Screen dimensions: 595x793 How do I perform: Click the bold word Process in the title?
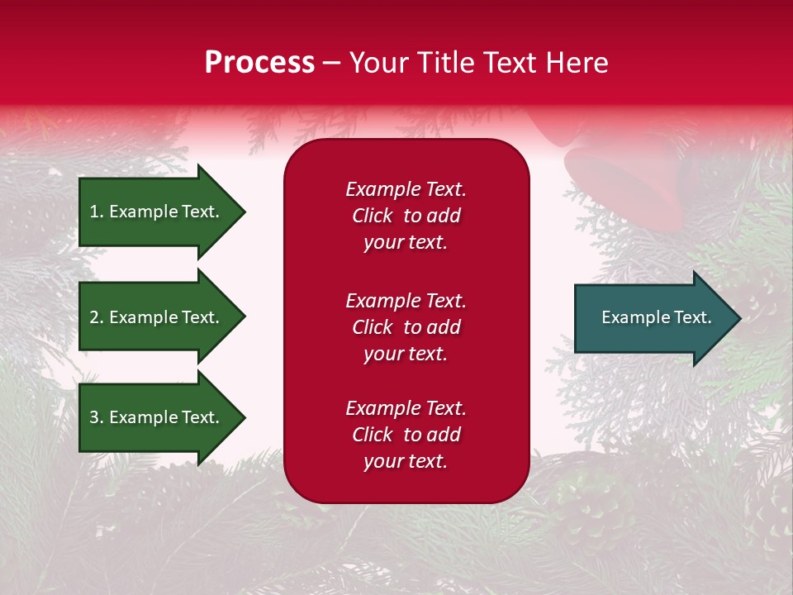pyautogui.click(x=259, y=63)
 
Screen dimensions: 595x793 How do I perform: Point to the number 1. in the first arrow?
pyautogui.click(x=97, y=212)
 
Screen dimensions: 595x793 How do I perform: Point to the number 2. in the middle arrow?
pyautogui.click(x=97, y=317)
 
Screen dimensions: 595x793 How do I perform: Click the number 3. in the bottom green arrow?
pyautogui.click(x=97, y=417)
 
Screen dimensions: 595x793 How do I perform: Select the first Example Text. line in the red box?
pyautogui.click(x=406, y=189)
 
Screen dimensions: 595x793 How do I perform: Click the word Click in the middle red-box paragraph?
pyautogui.click(x=372, y=327)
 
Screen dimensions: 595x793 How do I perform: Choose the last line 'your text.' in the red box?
pyautogui.click(x=406, y=461)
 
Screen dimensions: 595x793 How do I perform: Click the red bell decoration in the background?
pyautogui.click(x=636, y=178)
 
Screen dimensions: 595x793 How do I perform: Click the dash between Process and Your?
pyautogui.click(x=331, y=63)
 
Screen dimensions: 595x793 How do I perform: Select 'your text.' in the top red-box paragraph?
pyautogui.click(x=406, y=242)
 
